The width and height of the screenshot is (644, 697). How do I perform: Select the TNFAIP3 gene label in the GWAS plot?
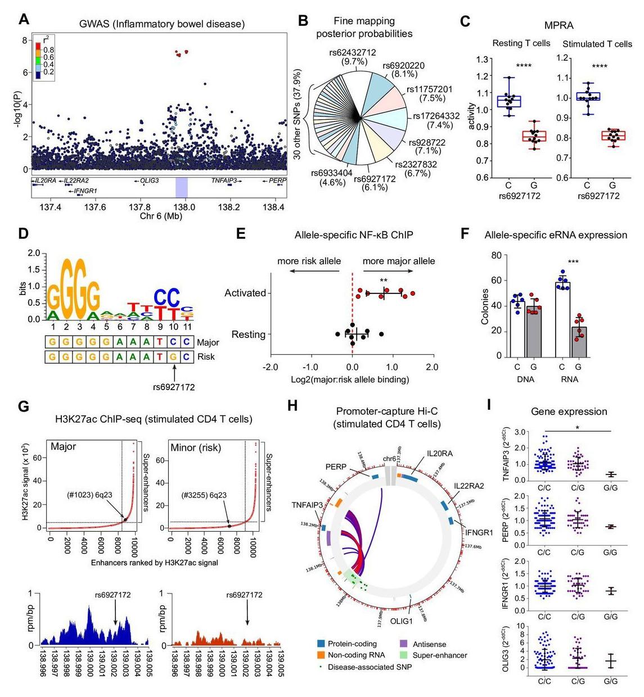pyautogui.click(x=226, y=180)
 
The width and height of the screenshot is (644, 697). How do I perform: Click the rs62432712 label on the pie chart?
pyautogui.click(x=353, y=52)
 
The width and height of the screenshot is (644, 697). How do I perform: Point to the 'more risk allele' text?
pyautogui.click(x=309, y=261)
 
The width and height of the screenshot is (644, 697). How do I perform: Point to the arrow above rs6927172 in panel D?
pyautogui.click(x=174, y=372)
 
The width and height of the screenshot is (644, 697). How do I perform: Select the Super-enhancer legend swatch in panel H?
pyautogui.click(x=403, y=655)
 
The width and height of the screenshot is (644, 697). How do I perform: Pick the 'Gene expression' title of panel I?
pyautogui.click(x=569, y=411)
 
